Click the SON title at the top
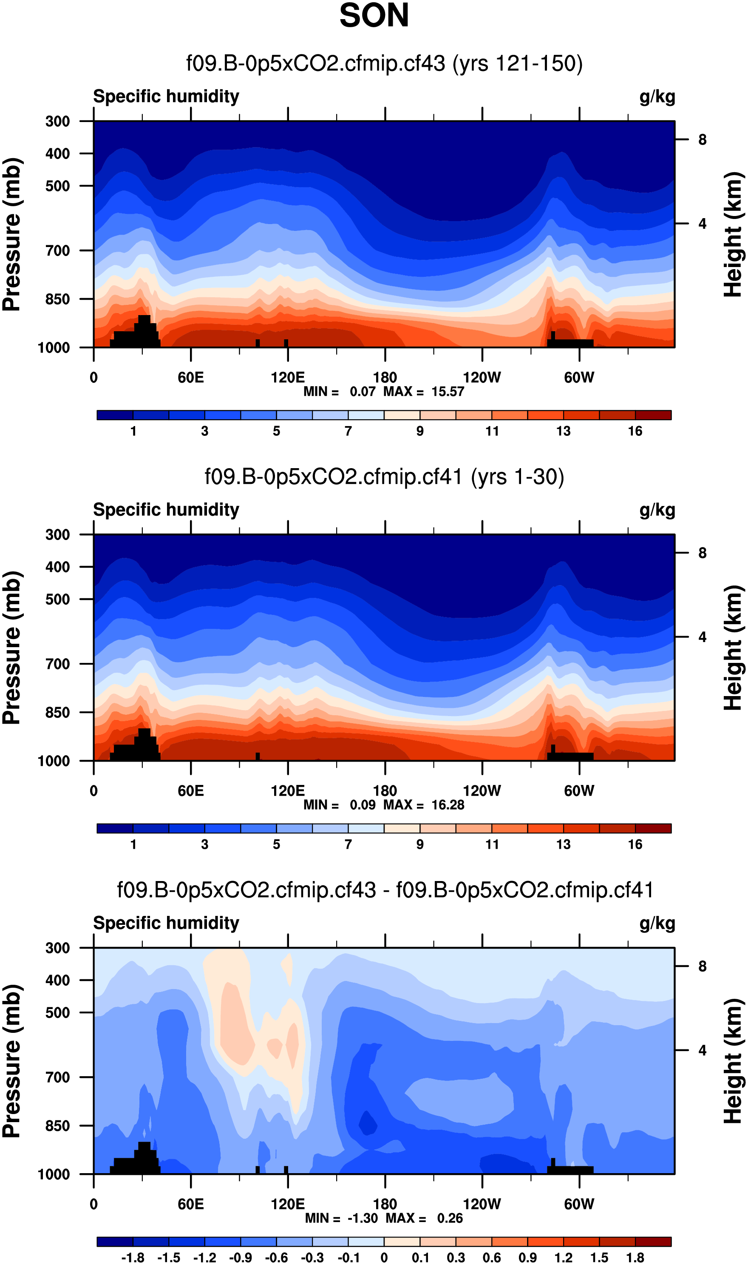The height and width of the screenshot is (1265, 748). [374, 16]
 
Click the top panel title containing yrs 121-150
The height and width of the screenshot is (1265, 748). [384, 63]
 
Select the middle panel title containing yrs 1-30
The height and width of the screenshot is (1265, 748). [384, 477]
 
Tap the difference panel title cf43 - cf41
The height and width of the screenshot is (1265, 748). [385, 890]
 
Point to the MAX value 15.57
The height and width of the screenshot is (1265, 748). [448, 392]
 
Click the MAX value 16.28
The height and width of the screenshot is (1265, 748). [448, 804]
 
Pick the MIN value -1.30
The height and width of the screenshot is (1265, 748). [363, 1218]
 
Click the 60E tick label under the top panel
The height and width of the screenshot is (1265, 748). [190, 378]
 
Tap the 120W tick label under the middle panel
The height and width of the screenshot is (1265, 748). [482, 790]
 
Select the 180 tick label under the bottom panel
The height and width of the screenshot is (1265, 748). [385, 1204]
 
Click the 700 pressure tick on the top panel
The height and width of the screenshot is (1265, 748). [57, 250]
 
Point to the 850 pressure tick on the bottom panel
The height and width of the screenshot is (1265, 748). [57, 1126]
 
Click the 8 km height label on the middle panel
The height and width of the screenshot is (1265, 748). [702, 553]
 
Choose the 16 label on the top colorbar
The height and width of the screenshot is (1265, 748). [635, 431]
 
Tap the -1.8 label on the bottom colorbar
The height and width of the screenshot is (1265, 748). [133, 1258]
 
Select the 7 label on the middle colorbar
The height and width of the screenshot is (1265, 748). [348, 844]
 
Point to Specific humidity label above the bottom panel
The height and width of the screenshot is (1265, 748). [166, 923]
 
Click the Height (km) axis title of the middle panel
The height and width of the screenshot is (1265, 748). [734, 648]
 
